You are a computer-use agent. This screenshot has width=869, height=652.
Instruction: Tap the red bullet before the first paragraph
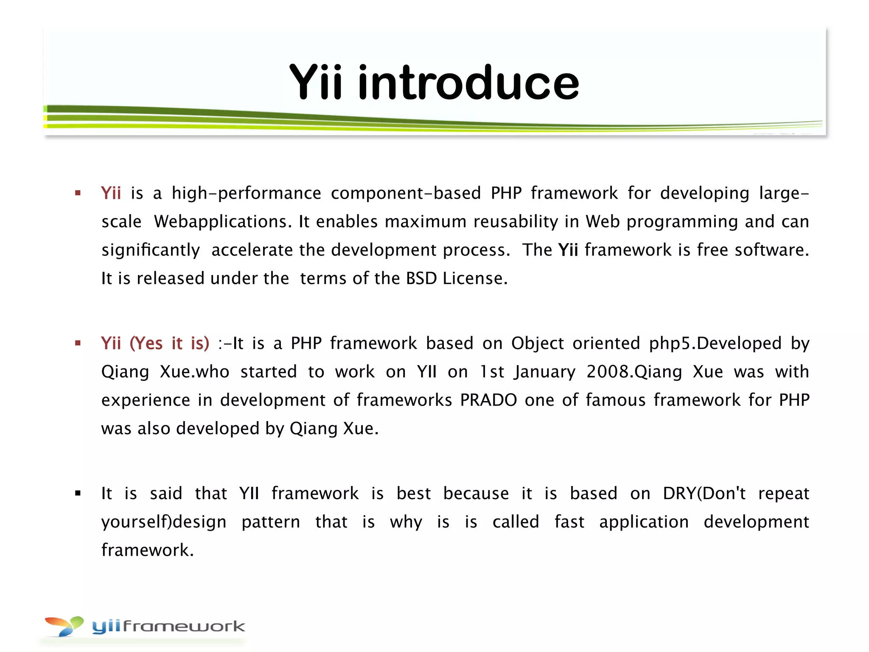pyautogui.click(x=78, y=193)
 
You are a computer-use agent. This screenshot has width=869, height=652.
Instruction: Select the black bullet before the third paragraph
pyautogui.click(x=78, y=493)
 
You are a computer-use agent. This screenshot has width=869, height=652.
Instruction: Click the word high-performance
pyautogui.click(x=246, y=194)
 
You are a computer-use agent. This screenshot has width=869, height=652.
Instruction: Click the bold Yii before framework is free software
pyautogui.click(x=568, y=250)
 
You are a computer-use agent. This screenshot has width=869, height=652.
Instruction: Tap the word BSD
pyautogui.click(x=421, y=278)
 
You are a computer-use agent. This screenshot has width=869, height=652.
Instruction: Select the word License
pyautogui.click(x=475, y=278)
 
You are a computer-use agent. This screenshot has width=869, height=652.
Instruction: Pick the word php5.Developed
pyautogui.click(x=715, y=343)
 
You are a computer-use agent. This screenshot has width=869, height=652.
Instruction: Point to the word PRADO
pyautogui.click(x=488, y=400)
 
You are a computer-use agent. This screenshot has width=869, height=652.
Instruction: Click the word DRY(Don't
pyautogui.click(x=704, y=493)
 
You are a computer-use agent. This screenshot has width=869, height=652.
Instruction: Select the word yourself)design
pyautogui.click(x=164, y=522)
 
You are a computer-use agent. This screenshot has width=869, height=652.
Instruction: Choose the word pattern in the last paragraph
pyautogui.click(x=271, y=522)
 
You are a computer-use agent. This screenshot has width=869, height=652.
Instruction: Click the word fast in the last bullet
pyautogui.click(x=569, y=522)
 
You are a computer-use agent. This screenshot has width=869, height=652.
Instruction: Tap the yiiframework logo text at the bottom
pyautogui.click(x=168, y=626)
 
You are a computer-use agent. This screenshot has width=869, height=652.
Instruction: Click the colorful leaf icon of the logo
pyautogui.click(x=64, y=626)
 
